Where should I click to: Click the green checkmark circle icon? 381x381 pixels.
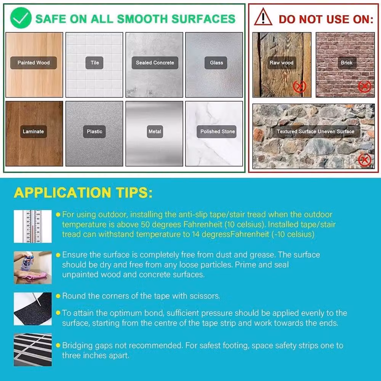click(x=21, y=18)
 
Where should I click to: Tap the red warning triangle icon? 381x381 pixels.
click(x=263, y=17)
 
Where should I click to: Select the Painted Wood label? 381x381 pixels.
click(x=34, y=63)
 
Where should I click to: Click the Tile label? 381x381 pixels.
click(x=94, y=63)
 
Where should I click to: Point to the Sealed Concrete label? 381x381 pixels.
click(x=155, y=63)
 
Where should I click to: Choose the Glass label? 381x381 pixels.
click(x=216, y=63)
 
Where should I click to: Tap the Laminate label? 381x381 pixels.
click(x=33, y=132)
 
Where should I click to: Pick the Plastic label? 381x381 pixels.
click(x=94, y=132)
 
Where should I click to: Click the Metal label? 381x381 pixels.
click(x=155, y=132)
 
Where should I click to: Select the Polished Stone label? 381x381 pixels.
click(x=217, y=132)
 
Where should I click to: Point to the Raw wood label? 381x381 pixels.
click(x=282, y=63)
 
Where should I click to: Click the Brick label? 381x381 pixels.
click(x=346, y=63)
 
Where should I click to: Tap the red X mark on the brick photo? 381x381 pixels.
click(x=365, y=86)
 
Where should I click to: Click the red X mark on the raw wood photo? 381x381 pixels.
click(x=299, y=86)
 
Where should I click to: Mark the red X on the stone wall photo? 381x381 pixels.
click(x=365, y=160)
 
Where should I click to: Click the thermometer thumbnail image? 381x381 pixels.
click(x=33, y=226)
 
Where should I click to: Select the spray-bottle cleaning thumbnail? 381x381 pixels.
click(x=33, y=267)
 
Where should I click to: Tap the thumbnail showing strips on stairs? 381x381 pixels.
click(x=33, y=350)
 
